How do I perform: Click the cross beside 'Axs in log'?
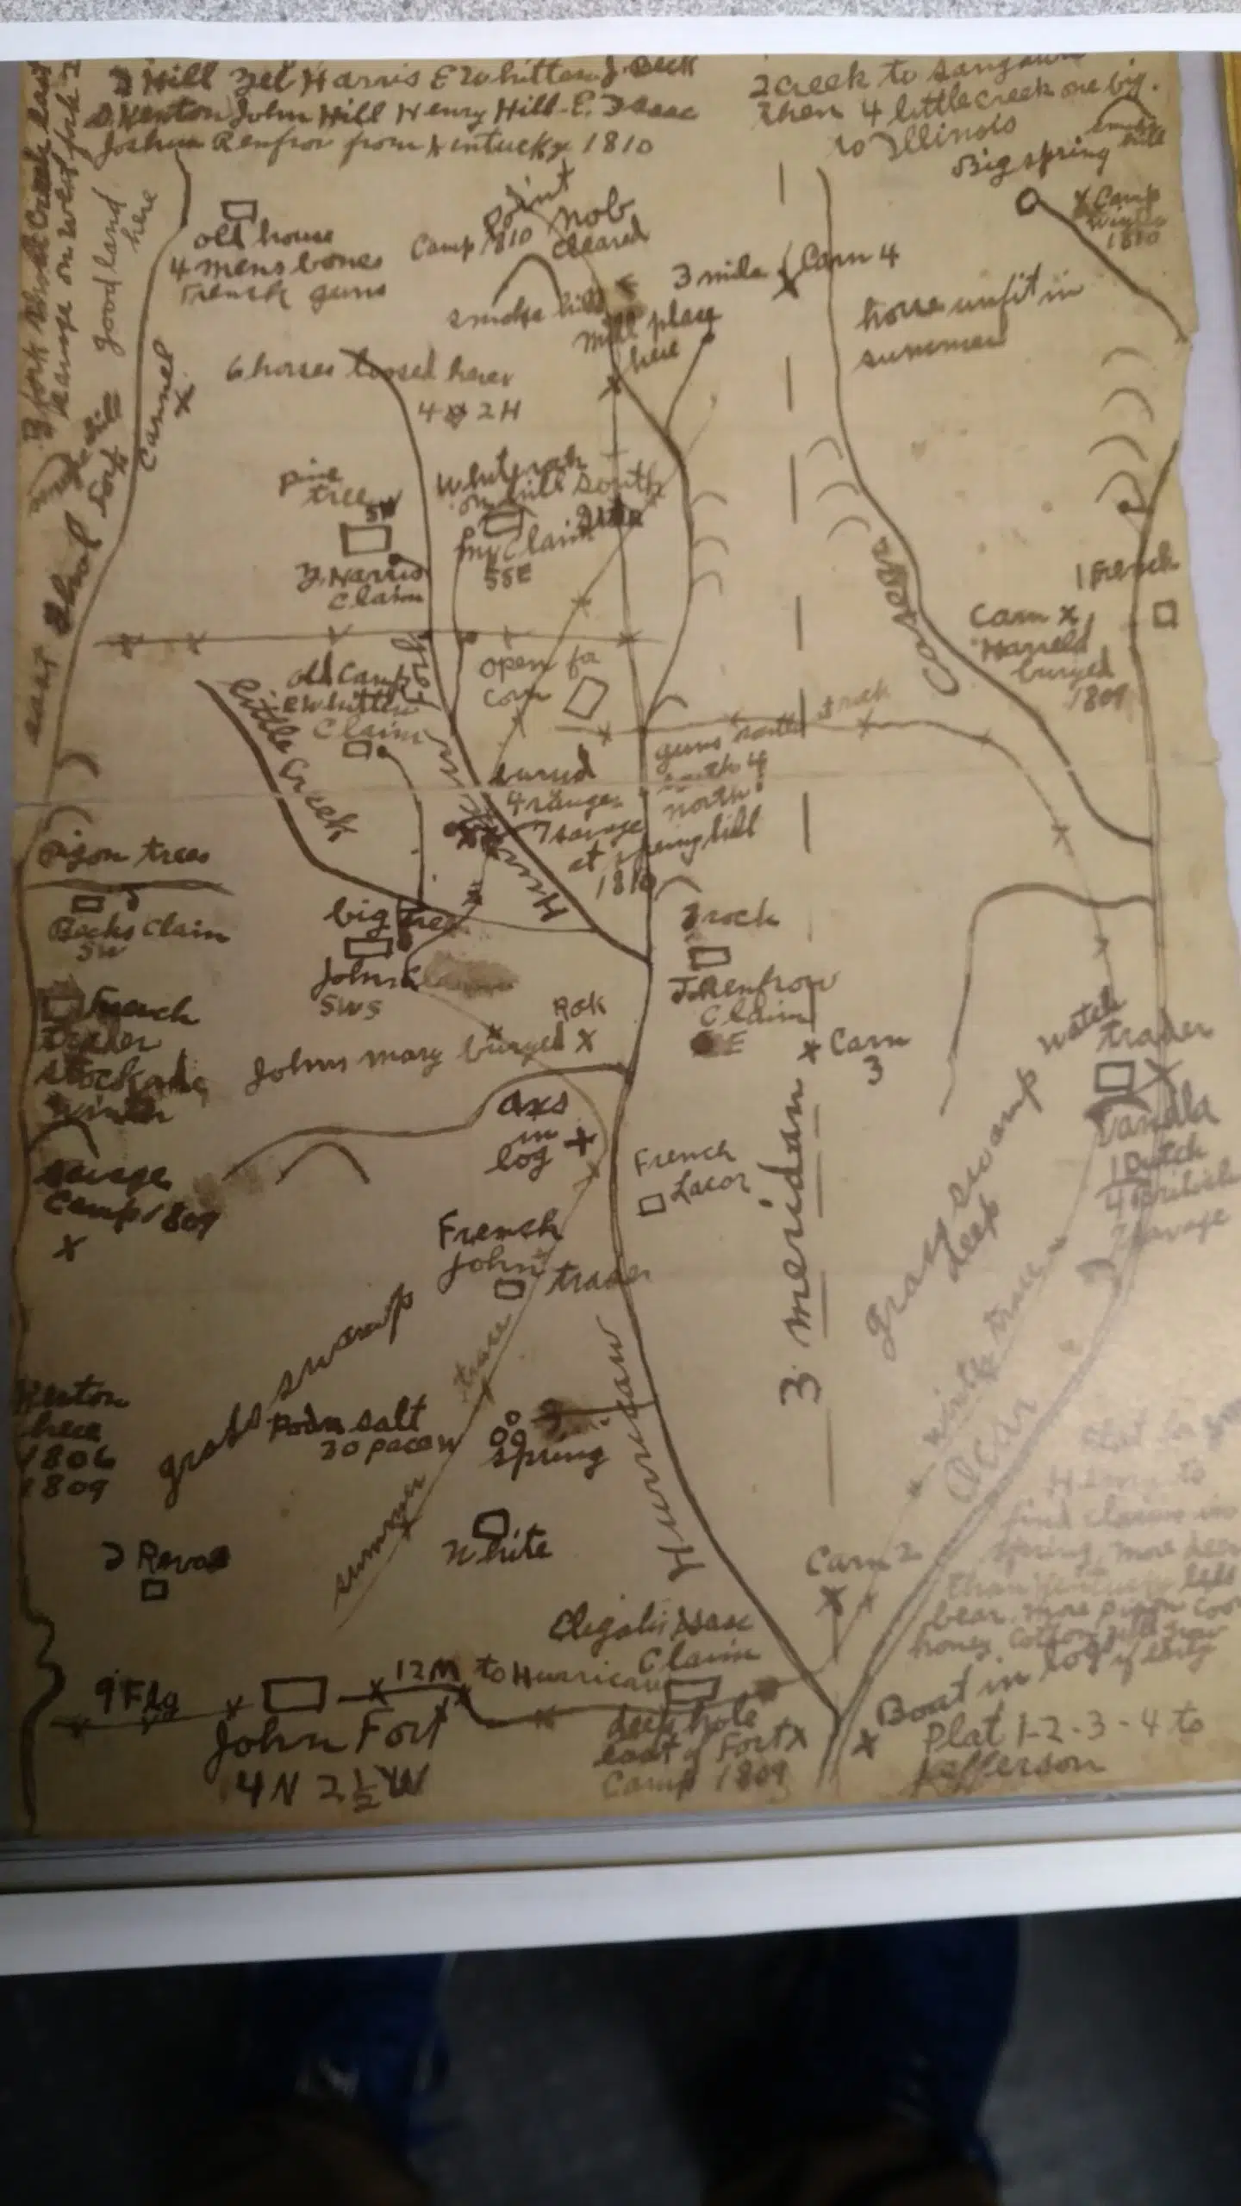click(x=580, y=1142)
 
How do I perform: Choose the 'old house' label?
click(x=264, y=234)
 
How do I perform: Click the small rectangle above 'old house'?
click(x=239, y=209)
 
